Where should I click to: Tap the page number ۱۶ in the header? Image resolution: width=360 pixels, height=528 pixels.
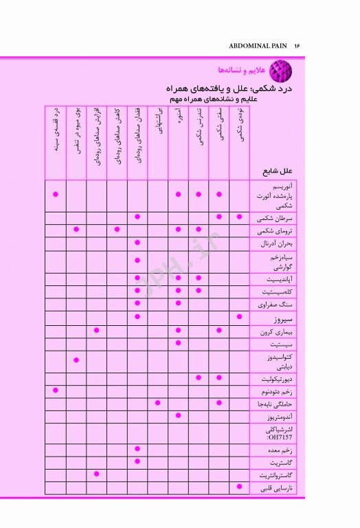[x=298, y=45]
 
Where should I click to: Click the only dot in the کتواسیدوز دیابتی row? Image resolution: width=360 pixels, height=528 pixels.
[x=76, y=360]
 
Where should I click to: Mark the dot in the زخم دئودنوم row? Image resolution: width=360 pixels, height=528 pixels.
[x=56, y=390]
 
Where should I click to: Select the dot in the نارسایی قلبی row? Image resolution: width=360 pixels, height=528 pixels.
[x=239, y=487]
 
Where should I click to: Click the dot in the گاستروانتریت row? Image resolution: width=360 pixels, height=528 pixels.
[x=97, y=474]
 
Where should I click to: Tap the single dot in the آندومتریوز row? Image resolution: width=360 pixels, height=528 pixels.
[x=178, y=415]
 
